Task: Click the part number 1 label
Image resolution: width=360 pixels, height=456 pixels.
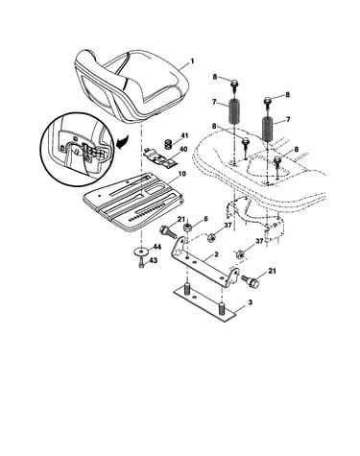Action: (x=192, y=60)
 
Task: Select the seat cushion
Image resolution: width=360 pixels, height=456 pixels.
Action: (x=132, y=85)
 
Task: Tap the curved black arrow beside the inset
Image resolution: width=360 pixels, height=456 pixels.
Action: (x=123, y=142)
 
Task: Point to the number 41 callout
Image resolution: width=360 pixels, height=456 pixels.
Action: (x=184, y=135)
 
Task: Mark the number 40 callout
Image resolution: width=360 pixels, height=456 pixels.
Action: (x=183, y=149)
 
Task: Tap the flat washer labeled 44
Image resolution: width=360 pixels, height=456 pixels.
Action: (x=140, y=252)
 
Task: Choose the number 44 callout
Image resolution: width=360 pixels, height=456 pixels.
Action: (x=156, y=247)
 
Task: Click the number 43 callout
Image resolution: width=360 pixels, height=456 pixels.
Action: (x=154, y=261)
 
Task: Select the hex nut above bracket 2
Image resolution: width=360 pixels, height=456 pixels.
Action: (x=186, y=228)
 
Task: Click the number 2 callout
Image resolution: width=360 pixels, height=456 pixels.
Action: (x=216, y=254)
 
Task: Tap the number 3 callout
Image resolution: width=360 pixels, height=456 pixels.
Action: (x=251, y=301)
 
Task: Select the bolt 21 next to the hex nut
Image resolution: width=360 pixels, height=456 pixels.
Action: (x=168, y=231)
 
